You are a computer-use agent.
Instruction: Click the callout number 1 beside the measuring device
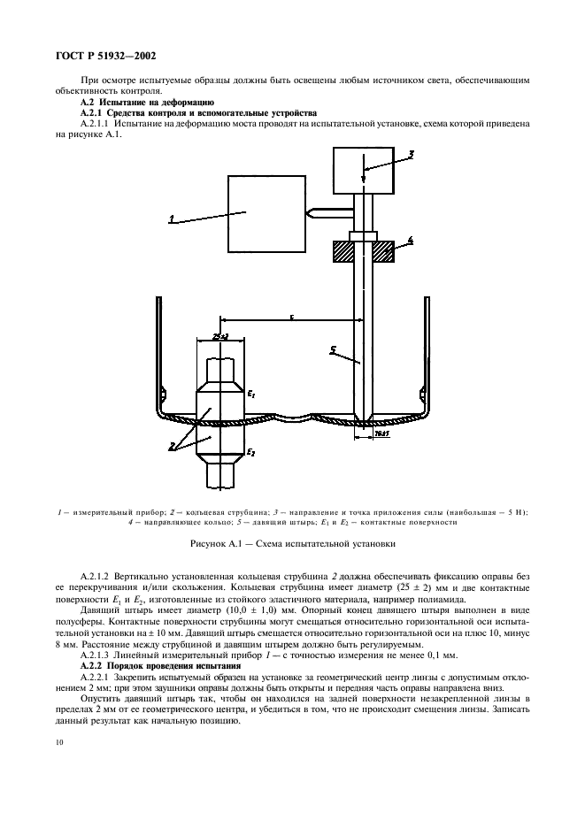pyautogui.click(x=172, y=219)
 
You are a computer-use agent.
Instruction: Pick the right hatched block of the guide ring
pyautogui.click(x=383, y=253)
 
